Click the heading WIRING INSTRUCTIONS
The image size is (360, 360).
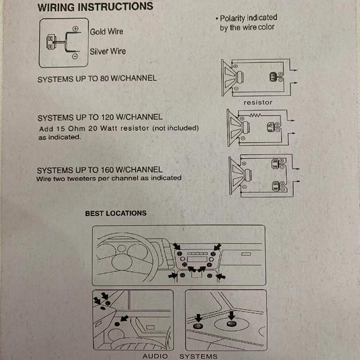point(95,7)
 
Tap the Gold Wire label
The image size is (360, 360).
point(106,31)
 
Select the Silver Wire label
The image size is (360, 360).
point(108,51)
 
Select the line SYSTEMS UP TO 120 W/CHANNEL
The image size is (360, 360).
point(99,118)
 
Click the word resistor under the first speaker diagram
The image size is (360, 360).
point(258,103)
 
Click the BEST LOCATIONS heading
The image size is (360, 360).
point(116,213)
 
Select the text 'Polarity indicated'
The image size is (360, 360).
point(249,18)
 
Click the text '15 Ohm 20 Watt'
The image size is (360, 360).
point(87,129)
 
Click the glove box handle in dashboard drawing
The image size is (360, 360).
point(246,255)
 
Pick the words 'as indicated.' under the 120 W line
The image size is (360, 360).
point(59,137)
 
